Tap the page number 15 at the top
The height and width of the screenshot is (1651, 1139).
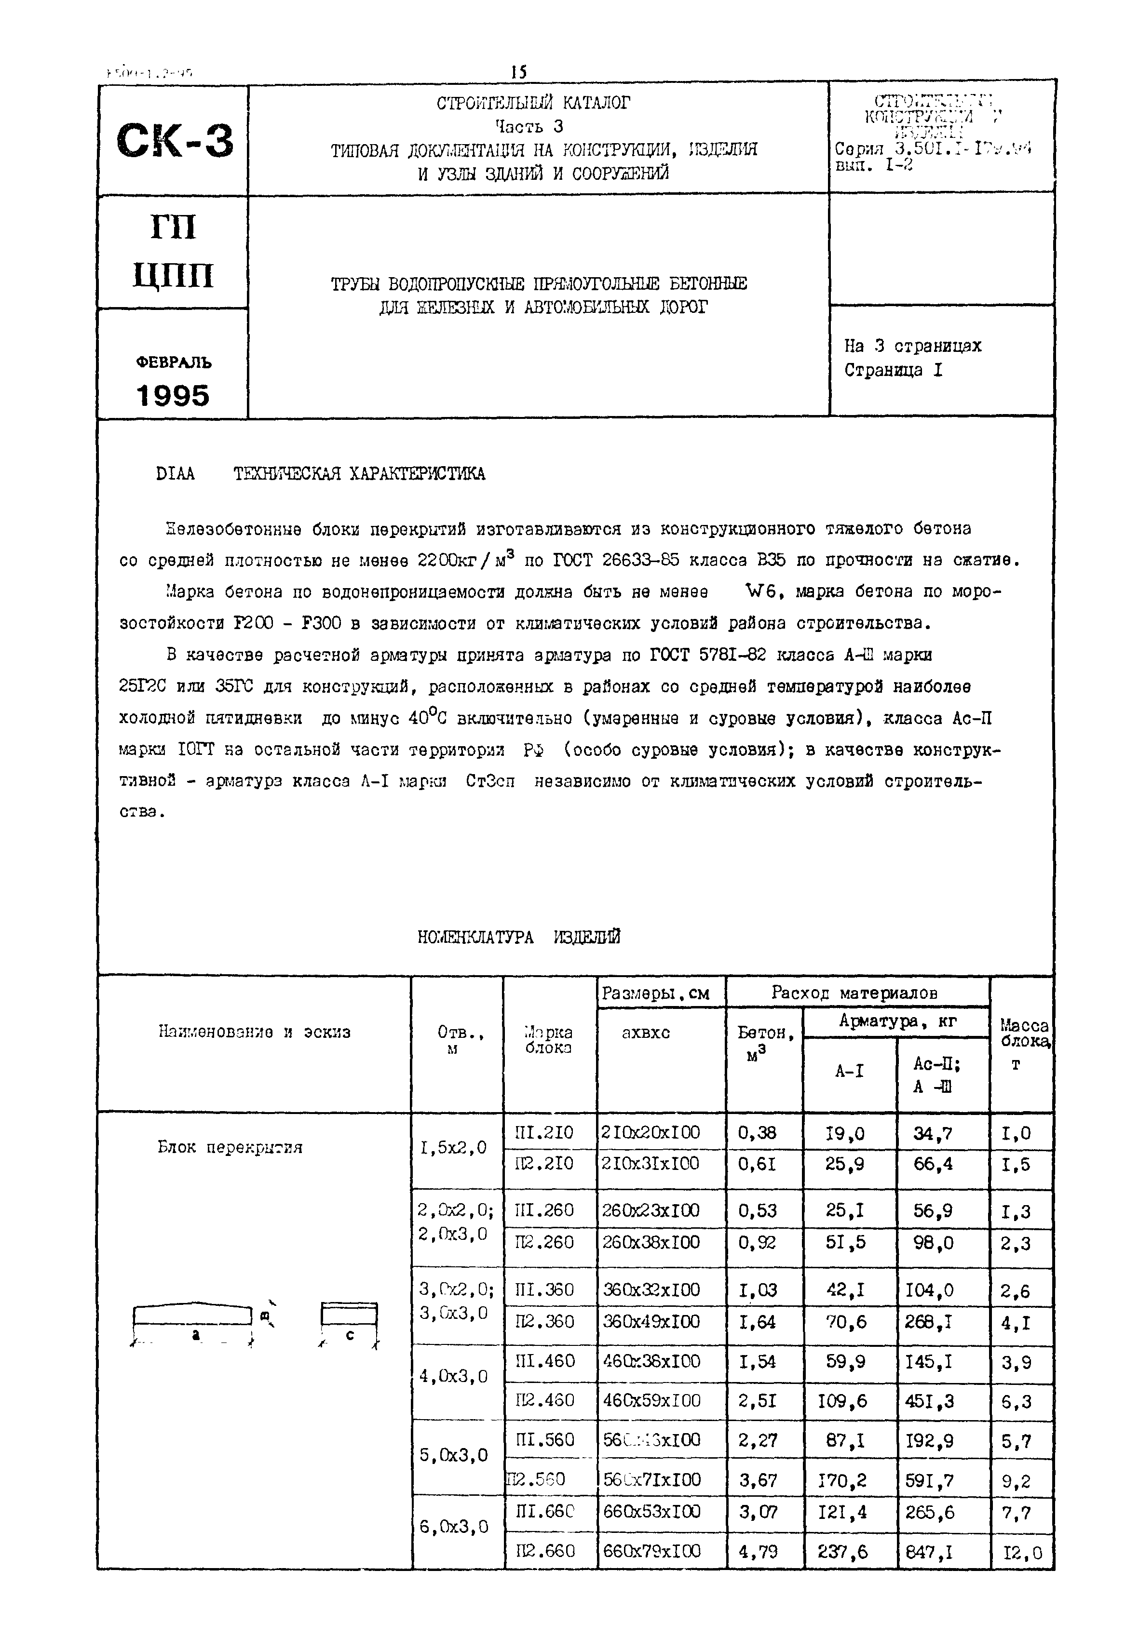[x=519, y=72]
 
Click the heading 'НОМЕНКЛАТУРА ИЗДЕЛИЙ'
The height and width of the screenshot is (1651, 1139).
[x=519, y=938]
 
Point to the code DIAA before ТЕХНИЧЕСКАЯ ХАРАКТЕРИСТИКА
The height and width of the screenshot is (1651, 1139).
[x=175, y=474]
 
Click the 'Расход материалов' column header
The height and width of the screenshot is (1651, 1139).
[x=854, y=993]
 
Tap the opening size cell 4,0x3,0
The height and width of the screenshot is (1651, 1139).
[x=453, y=1376]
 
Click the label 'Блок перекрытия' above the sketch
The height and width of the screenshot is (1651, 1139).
[x=230, y=1147]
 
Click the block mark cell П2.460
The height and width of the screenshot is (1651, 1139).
[x=544, y=1400]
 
